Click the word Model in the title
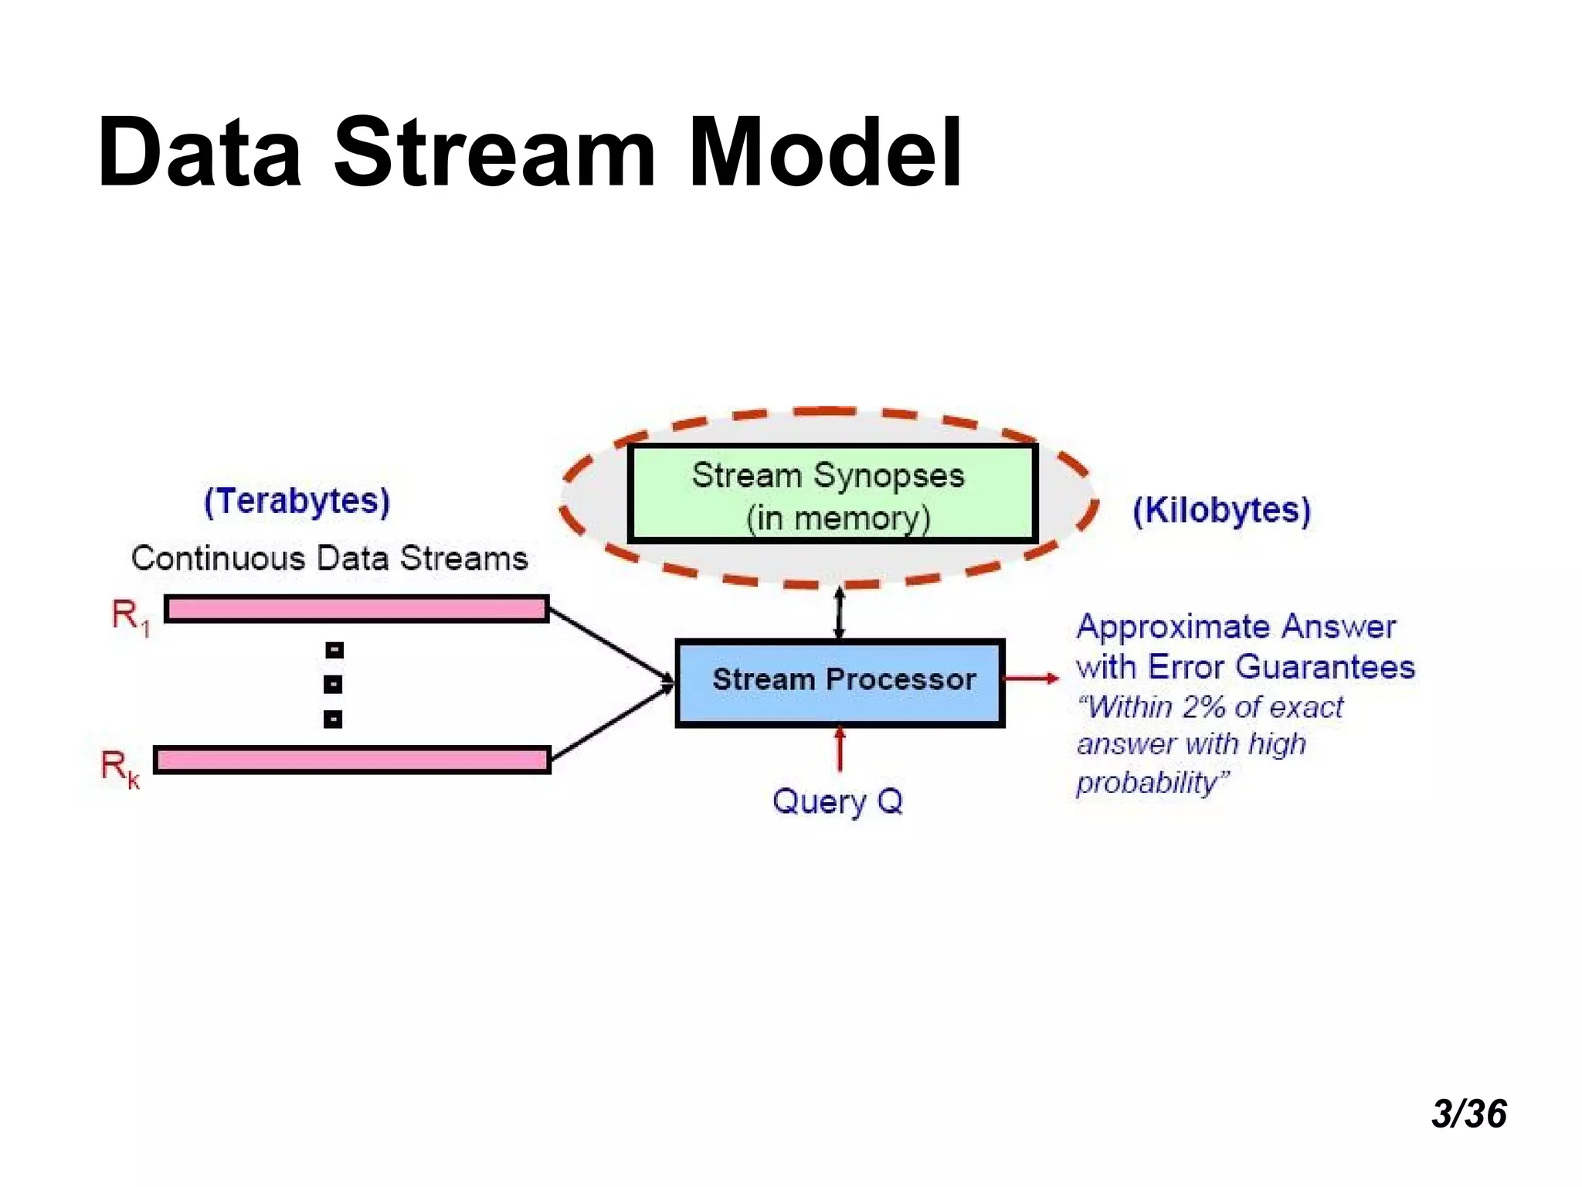tap(824, 152)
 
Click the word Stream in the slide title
tap(494, 152)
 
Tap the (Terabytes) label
tap(297, 502)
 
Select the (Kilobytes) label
tap(1221, 511)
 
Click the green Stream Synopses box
tap(832, 494)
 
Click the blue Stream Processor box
tap(840, 682)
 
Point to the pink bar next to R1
tap(356, 609)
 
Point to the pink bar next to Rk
tap(351, 760)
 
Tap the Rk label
tap(120, 768)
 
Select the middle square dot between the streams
tap(333, 684)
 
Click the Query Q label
tap(837, 801)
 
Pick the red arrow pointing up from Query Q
tap(840, 748)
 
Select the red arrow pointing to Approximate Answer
tap(1031, 679)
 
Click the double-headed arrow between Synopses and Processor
tap(840, 613)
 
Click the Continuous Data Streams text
tap(329, 558)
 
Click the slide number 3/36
tap(1468, 1114)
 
